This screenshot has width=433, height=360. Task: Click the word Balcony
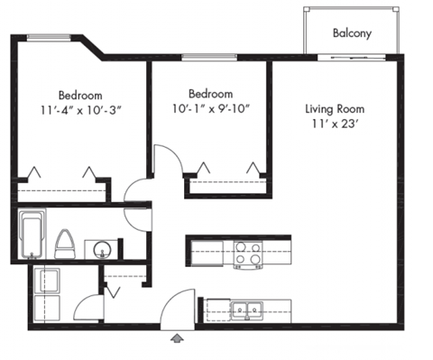point(352,33)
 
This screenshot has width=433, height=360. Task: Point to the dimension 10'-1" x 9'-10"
point(210,109)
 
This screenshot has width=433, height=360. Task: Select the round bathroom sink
point(102,247)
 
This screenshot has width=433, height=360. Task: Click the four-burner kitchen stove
point(248,254)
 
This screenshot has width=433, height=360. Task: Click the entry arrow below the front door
point(177,338)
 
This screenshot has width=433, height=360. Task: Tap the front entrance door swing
point(177,307)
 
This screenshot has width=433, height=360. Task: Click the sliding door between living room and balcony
point(352,58)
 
